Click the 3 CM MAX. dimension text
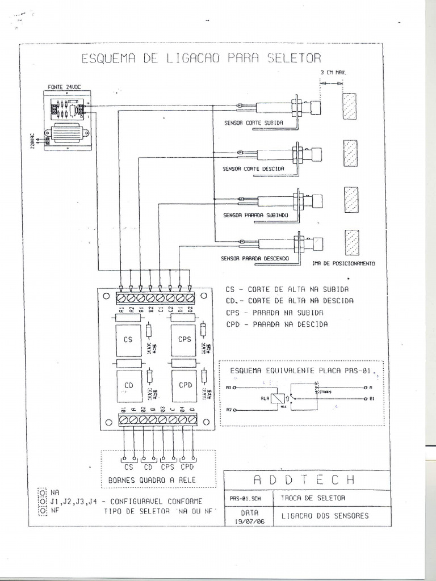pyautogui.click(x=333, y=73)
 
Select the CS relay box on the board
pyautogui.click(x=128, y=339)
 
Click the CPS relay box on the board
pyautogui.click(x=184, y=339)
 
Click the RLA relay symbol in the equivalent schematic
pyautogui.click(x=277, y=398)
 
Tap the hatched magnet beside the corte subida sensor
pyautogui.click(x=350, y=106)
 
